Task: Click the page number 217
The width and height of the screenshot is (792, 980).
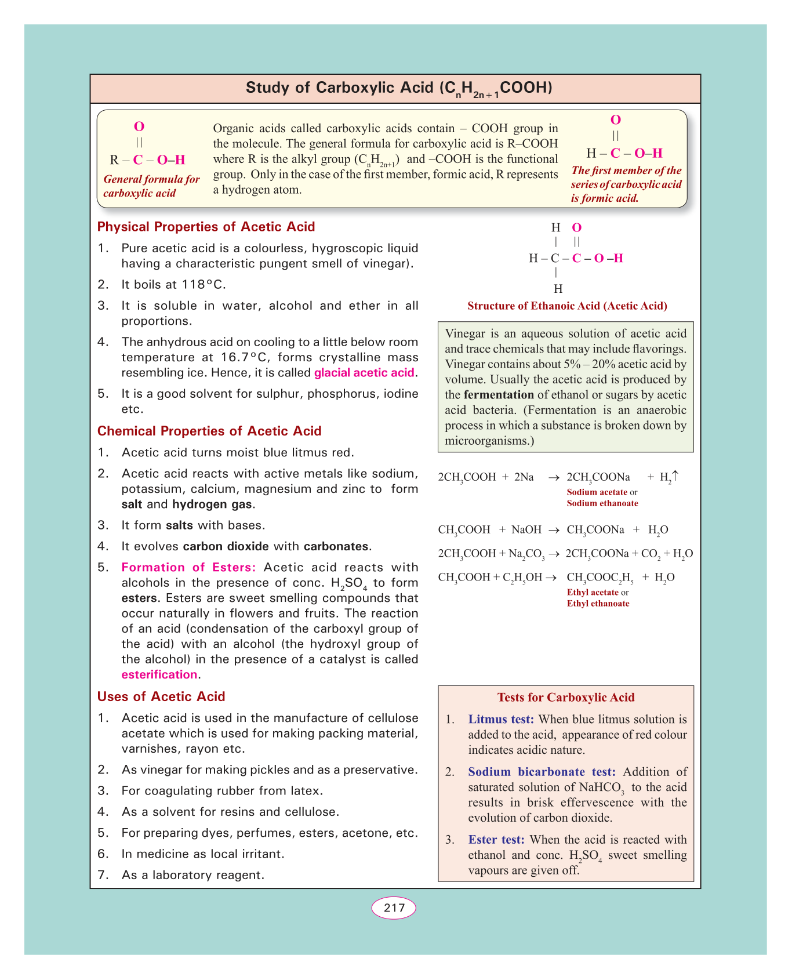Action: point(394,908)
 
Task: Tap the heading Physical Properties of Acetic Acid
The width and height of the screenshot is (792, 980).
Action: point(206,227)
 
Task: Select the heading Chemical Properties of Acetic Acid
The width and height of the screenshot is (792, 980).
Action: point(209,431)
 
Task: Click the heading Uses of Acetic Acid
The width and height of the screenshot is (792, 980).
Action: point(161,696)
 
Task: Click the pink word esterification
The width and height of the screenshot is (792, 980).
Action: point(159,674)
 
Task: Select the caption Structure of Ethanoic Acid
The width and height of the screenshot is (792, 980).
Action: point(567,306)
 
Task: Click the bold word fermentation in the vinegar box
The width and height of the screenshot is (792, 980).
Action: point(499,395)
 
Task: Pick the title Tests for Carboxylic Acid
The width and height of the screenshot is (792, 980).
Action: point(566,698)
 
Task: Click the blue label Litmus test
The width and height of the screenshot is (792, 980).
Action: point(501,720)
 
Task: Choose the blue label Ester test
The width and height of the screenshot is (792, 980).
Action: point(496,840)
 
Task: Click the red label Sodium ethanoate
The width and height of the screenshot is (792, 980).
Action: point(602,503)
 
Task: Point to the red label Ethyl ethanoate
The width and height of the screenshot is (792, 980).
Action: point(598,604)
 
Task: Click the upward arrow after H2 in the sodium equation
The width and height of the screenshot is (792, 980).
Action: point(675,476)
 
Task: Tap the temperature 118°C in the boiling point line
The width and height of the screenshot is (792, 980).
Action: point(204,285)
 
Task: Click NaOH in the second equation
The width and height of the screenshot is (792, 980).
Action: point(526,529)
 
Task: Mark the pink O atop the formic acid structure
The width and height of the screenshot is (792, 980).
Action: point(616,120)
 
